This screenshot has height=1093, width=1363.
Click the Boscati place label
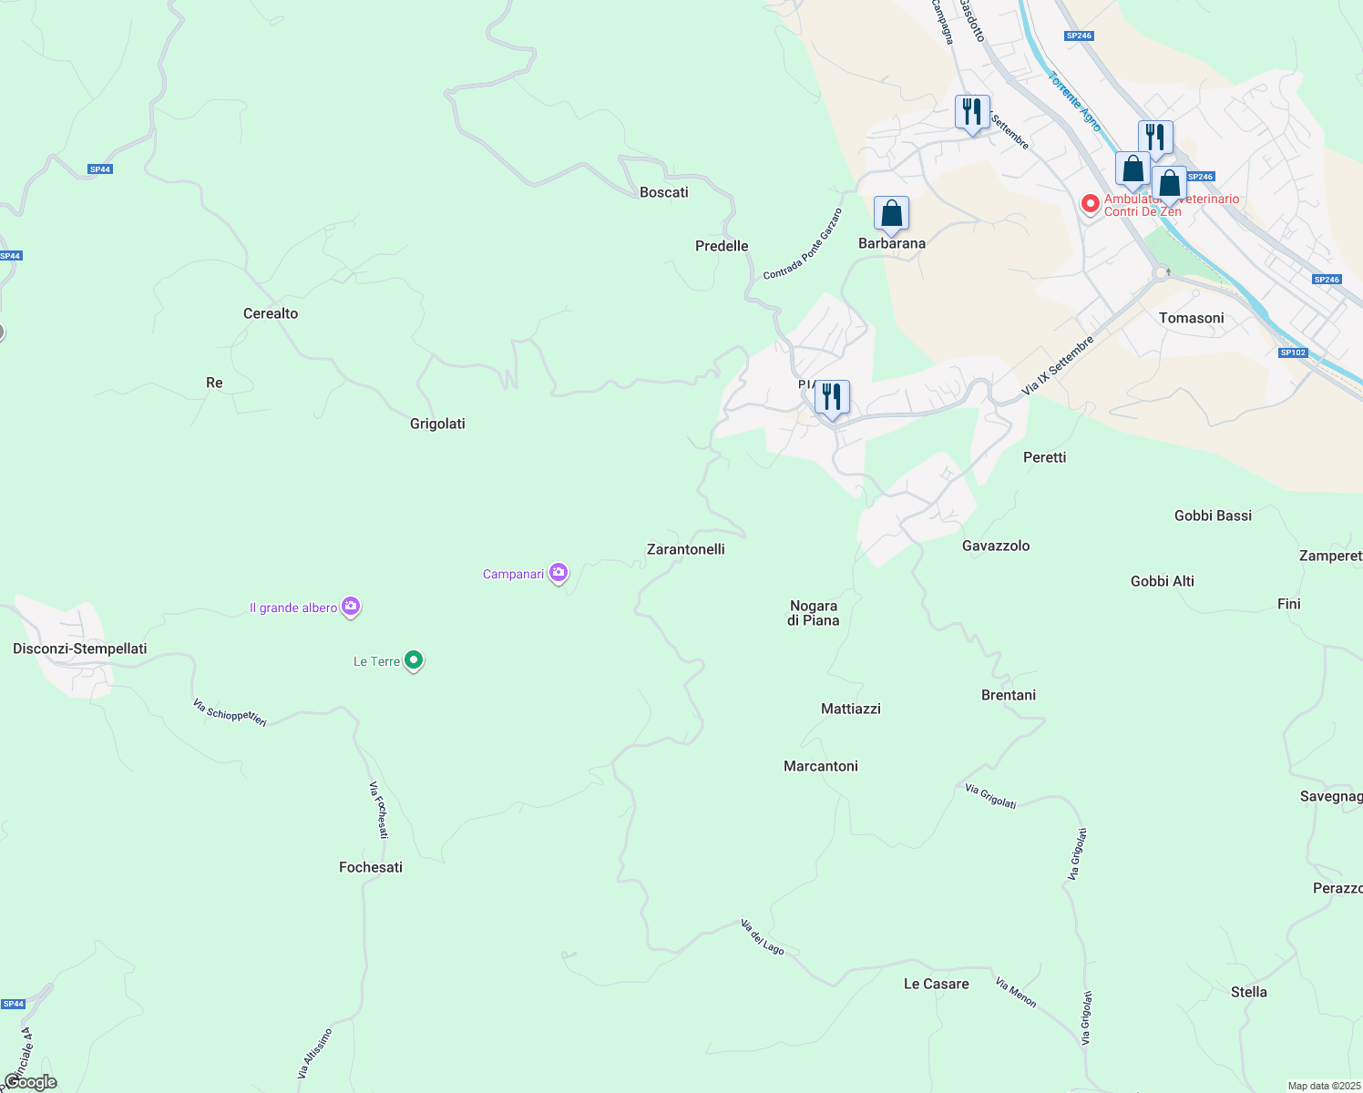tap(663, 192)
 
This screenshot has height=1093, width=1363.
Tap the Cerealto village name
tap(271, 313)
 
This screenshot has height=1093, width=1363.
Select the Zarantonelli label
tap(685, 549)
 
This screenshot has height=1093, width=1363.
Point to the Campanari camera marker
tap(559, 573)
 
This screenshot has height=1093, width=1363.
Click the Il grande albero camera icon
tap(351, 607)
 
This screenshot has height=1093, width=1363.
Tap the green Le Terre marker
tap(414, 660)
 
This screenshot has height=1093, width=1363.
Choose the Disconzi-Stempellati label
tap(80, 649)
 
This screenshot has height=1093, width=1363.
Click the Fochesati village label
tap(371, 867)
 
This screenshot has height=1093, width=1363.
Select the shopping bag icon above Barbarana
tap(891, 214)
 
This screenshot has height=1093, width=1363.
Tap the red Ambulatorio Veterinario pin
tap(1090, 203)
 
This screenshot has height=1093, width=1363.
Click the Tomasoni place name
tap(1191, 318)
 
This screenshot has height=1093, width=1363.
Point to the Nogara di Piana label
tap(814, 613)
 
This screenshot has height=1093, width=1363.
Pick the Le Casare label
tap(936, 984)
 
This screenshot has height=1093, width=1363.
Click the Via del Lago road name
tap(763, 937)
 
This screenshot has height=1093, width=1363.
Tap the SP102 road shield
tap(1293, 352)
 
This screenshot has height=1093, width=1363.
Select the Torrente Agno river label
tap(1075, 102)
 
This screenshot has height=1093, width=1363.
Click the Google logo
tap(30, 1082)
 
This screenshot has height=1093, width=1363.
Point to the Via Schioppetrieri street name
tap(230, 712)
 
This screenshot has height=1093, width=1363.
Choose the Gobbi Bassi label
tap(1213, 516)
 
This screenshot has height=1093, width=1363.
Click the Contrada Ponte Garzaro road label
tap(803, 244)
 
